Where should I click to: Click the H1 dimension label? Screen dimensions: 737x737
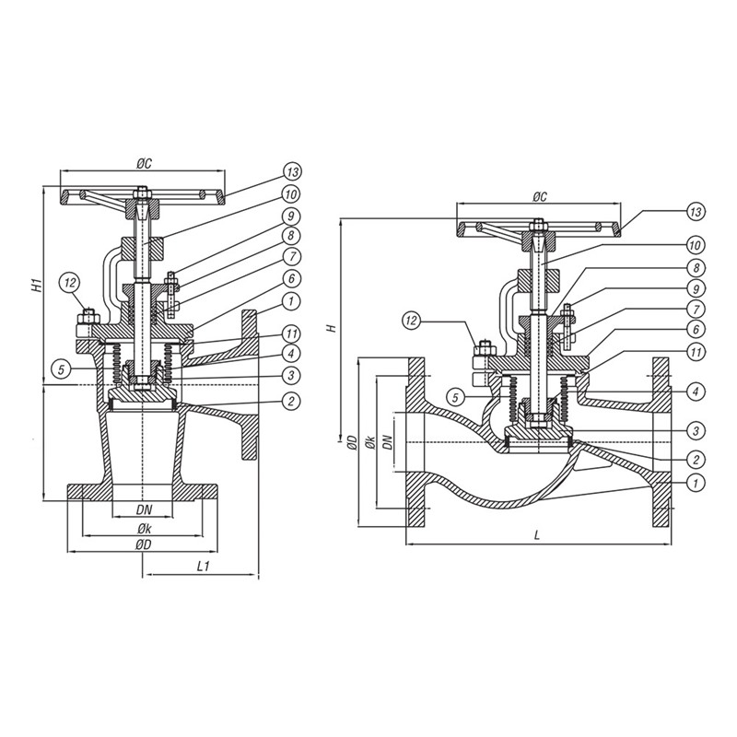point(38,285)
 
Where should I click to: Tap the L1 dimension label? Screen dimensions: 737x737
point(203,567)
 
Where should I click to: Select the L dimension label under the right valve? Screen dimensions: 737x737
point(537,535)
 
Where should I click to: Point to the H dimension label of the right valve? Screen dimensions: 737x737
point(333,328)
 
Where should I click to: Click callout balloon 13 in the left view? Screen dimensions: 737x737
point(292,172)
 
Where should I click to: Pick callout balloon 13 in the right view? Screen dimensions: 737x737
point(696,212)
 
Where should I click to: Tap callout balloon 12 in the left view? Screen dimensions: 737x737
point(71,283)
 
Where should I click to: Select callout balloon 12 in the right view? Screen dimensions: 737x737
point(412,321)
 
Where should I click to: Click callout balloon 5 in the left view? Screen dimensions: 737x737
point(62,369)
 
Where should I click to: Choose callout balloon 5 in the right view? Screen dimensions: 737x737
point(455,398)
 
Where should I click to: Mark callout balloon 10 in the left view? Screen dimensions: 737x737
point(291,193)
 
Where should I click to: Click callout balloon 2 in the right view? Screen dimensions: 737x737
point(696,459)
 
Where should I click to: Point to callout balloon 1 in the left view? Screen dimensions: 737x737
point(291,301)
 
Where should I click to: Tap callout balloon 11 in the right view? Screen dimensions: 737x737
point(696,352)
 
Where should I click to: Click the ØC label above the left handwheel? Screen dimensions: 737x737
point(145,164)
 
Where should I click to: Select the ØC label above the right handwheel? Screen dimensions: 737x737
point(540,197)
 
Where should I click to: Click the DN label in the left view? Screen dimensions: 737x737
point(145,509)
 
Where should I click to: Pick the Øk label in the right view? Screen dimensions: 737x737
point(370,443)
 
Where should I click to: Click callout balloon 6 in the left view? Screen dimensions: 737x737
point(291,279)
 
